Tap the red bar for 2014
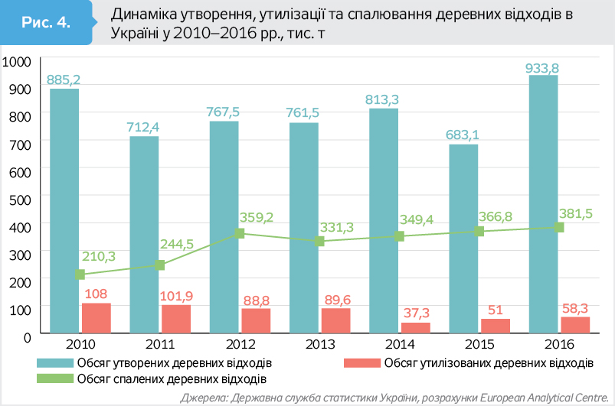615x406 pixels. (415, 328)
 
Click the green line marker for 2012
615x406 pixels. (240, 233)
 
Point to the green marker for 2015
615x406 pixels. (479, 231)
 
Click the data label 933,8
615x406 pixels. (542, 68)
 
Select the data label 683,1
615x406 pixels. (462, 135)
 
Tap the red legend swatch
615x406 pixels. (362, 362)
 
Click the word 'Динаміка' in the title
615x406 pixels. (144, 15)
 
